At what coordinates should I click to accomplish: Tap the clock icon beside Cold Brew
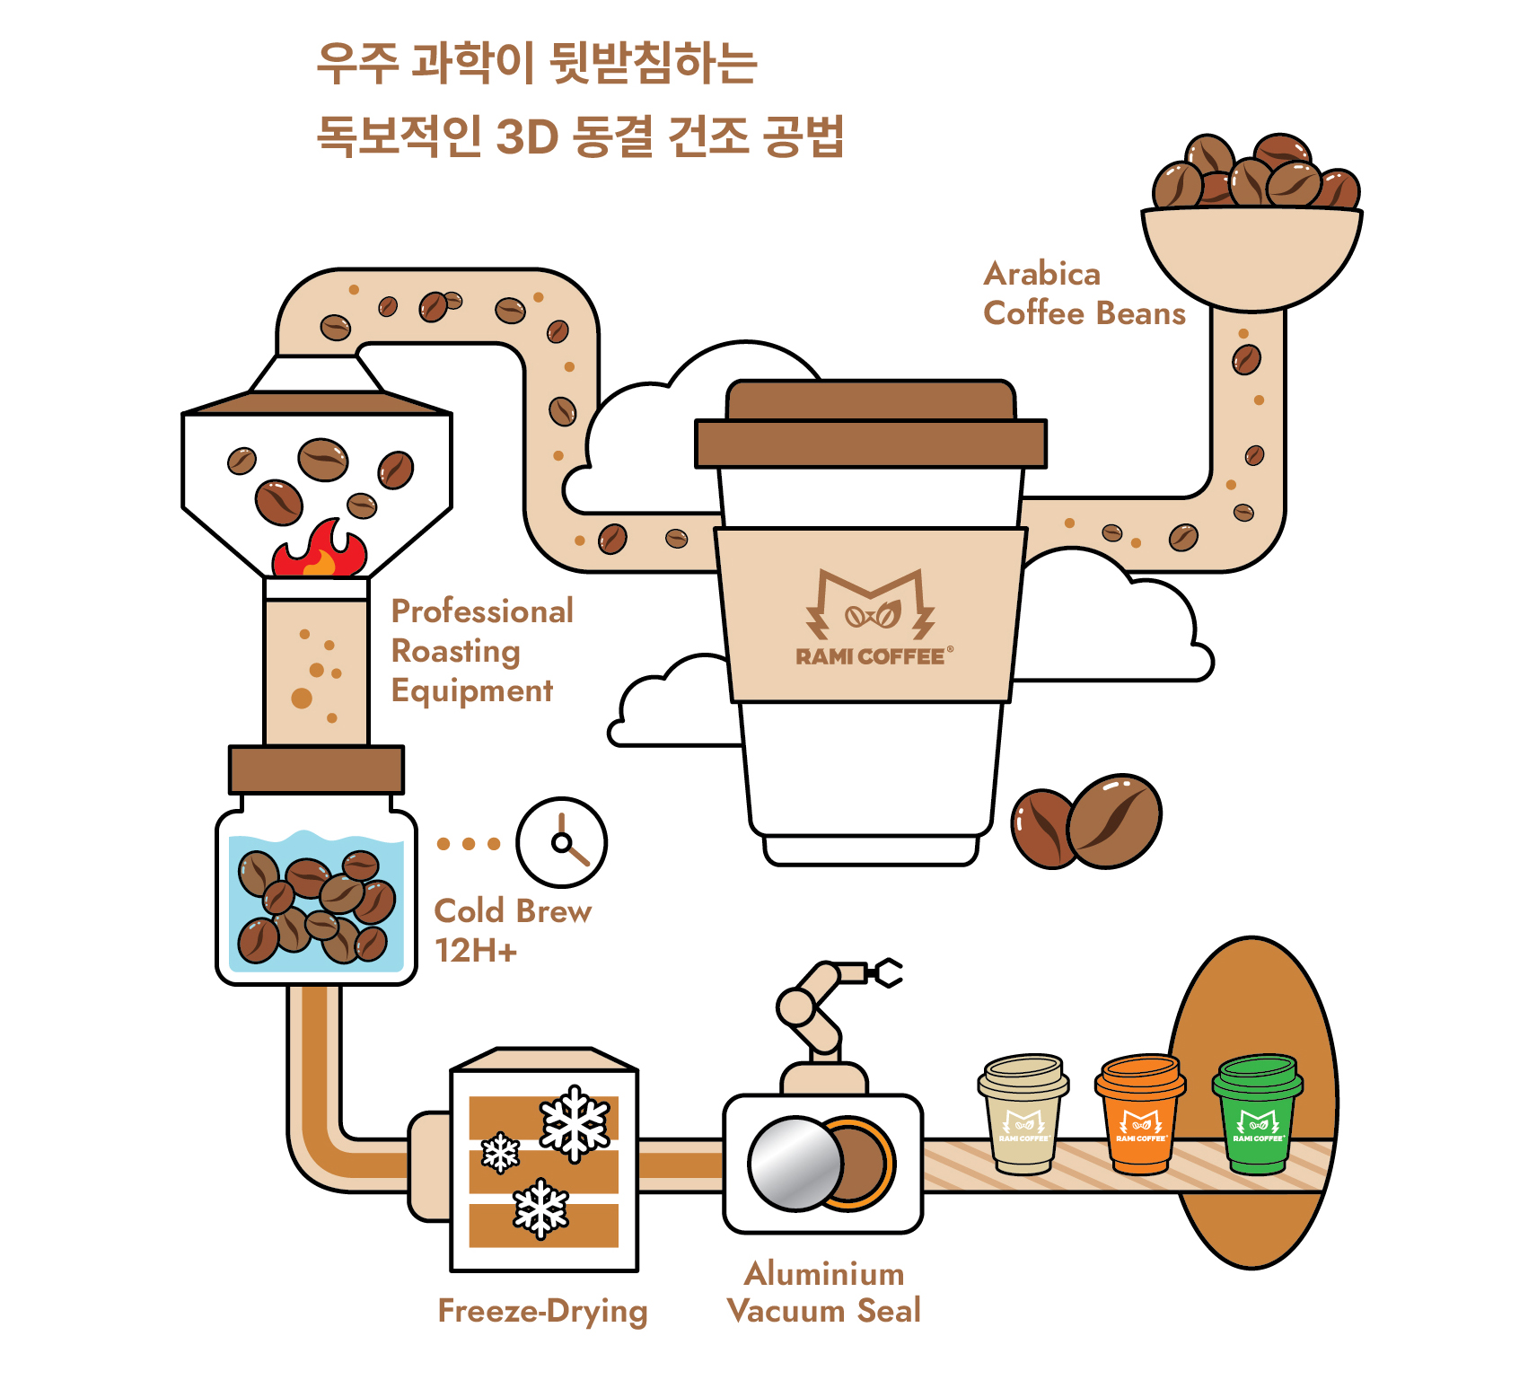click(x=561, y=842)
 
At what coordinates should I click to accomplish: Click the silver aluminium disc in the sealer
click(x=794, y=1164)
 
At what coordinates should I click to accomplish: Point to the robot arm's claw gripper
click(x=885, y=971)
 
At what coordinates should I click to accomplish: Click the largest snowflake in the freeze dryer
click(x=575, y=1123)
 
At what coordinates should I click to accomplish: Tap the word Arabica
click(x=1041, y=274)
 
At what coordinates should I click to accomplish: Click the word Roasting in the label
click(x=455, y=651)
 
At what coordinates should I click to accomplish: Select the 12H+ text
click(x=476, y=951)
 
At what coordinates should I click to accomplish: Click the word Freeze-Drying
click(x=542, y=1311)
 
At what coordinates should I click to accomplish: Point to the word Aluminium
click(x=824, y=1273)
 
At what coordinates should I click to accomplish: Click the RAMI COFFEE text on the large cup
click(x=870, y=656)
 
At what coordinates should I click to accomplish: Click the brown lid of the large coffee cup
click(x=871, y=427)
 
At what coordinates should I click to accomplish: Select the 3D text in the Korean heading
click(x=527, y=137)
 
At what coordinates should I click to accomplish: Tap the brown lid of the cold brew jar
click(x=316, y=769)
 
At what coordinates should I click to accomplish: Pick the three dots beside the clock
click(x=468, y=844)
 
